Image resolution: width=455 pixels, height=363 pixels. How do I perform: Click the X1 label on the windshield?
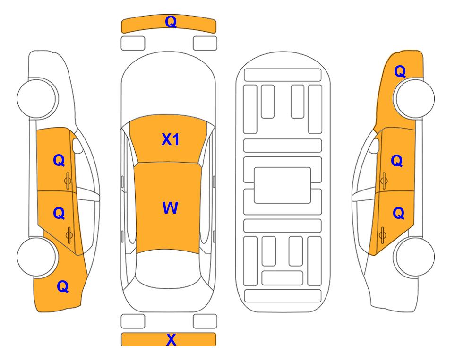[x=170, y=139]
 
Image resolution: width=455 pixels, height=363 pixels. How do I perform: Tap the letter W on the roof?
[x=170, y=207]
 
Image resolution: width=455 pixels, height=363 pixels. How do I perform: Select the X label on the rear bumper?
[x=171, y=339]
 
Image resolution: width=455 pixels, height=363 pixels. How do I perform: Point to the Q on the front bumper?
[x=171, y=22]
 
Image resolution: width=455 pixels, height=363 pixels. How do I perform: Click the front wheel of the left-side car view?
[x=36, y=98]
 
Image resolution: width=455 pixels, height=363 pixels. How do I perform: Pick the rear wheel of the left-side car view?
[x=36, y=257]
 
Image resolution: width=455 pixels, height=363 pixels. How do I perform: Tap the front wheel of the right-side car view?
[x=415, y=98]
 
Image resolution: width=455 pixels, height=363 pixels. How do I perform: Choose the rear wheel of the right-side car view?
[x=415, y=257]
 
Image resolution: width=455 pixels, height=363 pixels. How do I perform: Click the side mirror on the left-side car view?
[x=77, y=146]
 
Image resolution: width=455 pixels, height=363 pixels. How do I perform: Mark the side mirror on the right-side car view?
[x=374, y=146]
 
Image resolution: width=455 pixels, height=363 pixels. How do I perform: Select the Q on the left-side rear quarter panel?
[x=63, y=286]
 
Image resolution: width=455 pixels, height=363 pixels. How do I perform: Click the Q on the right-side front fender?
[x=400, y=71]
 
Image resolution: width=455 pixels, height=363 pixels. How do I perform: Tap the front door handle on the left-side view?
[x=68, y=181]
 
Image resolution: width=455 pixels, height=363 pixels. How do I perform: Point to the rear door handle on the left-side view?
[x=69, y=235]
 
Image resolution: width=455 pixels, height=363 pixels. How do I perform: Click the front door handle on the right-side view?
[x=384, y=181]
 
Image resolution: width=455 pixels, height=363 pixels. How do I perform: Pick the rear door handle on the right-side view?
[x=382, y=235]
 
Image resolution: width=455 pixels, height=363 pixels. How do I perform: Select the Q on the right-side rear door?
[x=398, y=213]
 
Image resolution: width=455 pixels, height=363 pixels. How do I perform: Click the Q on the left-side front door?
[x=59, y=160]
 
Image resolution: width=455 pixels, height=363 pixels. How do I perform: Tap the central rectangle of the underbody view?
[x=283, y=185]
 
